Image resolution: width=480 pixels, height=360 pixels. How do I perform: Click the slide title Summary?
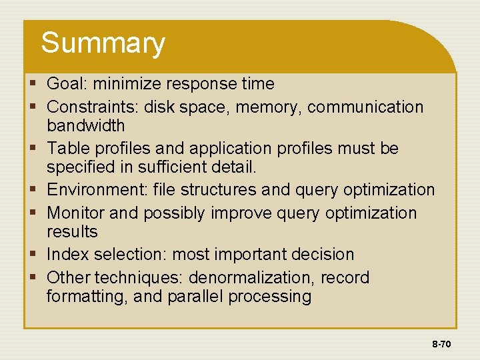[103, 44]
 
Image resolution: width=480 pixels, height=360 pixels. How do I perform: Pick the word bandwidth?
[85, 125]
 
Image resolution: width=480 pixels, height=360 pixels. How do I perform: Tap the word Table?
[66, 148]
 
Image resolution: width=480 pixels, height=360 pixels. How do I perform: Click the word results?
[72, 232]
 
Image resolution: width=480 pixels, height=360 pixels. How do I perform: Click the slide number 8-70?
[441, 345]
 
